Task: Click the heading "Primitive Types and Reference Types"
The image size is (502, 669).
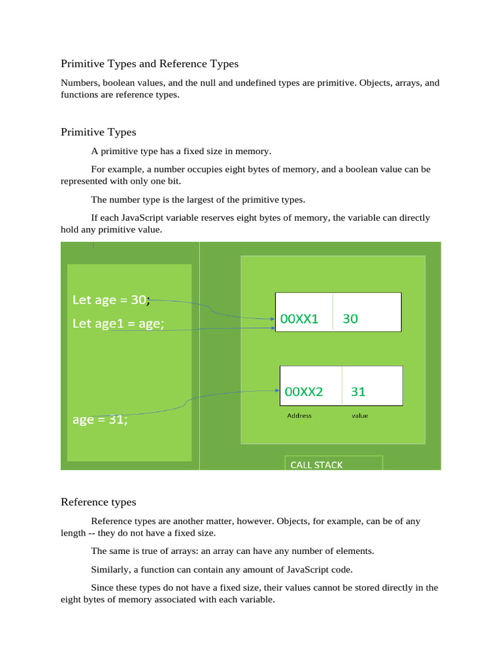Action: [150, 64]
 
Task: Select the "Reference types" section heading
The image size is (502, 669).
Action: [99, 502]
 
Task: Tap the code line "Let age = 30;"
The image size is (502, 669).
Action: [110, 300]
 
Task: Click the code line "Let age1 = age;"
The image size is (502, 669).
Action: [118, 323]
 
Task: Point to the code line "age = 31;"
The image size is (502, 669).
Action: [100, 420]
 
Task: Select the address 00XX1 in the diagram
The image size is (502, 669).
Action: [299, 319]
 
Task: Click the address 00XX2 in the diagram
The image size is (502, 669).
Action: [304, 392]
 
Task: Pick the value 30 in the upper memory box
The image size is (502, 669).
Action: [350, 319]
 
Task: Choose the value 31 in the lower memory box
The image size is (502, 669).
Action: [358, 392]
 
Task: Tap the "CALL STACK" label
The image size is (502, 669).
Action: [316, 465]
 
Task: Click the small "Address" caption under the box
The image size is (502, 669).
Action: [299, 416]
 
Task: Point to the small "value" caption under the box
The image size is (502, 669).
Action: [360, 416]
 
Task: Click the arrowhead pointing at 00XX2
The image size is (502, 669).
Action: [276, 391]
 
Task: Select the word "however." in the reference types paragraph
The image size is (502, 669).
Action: [256, 521]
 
